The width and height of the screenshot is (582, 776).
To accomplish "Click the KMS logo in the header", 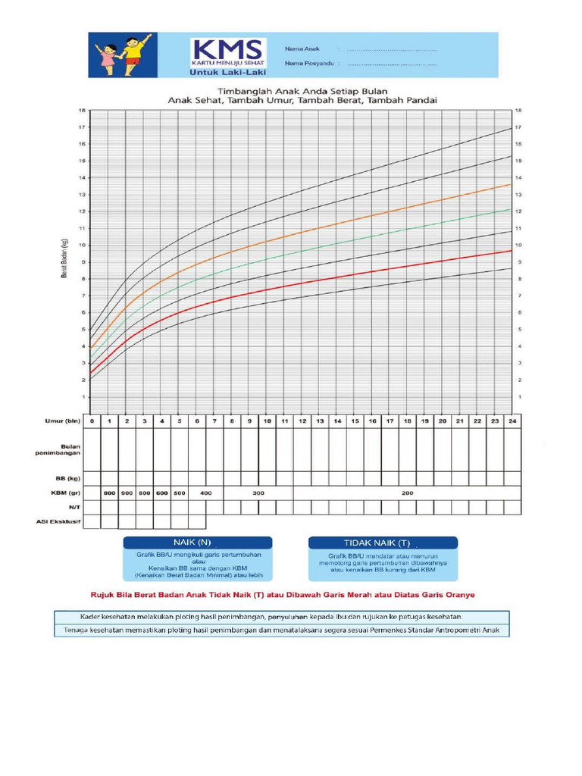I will coord(228,49).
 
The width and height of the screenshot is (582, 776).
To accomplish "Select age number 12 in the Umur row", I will coord(302,421).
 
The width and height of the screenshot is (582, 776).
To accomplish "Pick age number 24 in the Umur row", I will coord(512,421).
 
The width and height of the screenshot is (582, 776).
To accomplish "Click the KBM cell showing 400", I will coord(205,493).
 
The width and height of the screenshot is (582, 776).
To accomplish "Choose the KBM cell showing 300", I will coord(258,493).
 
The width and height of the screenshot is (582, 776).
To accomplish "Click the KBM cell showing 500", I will coord(179,493).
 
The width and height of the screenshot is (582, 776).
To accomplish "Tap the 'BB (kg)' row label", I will coord(70,479).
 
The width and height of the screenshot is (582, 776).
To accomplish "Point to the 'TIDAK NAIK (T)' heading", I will coord(382,543).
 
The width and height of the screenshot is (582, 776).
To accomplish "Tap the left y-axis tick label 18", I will coord(83,111).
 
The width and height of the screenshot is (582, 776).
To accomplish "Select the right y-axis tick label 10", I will coord(518,246).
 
